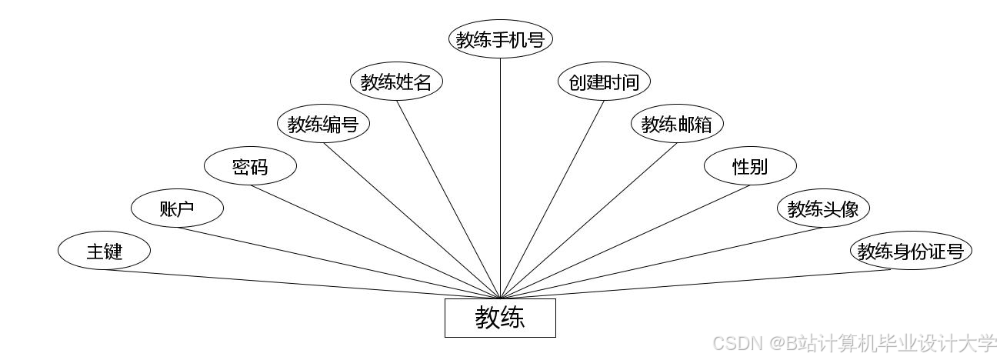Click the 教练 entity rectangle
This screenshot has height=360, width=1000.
click(x=500, y=318)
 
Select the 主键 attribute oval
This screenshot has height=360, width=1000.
click(x=104, y=251)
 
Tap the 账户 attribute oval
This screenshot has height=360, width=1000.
click(x=177, y=208)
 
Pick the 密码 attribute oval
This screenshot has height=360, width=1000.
click(x=250, y=166)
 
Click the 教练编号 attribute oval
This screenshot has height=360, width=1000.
click(x=323, y=124)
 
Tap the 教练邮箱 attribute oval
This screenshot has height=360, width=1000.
click(x=677, y=124)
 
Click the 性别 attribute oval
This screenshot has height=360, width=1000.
click(x=750, y=166)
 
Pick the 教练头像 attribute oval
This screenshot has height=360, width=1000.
click(x=823, y=208)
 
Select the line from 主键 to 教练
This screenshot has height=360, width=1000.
click(x=302, y=284)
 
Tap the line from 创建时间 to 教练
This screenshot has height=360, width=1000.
click(x=552, y=199)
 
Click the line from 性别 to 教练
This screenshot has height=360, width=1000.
click(x=625, y=242)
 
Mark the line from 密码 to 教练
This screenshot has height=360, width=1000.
click(x=375, y=242)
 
